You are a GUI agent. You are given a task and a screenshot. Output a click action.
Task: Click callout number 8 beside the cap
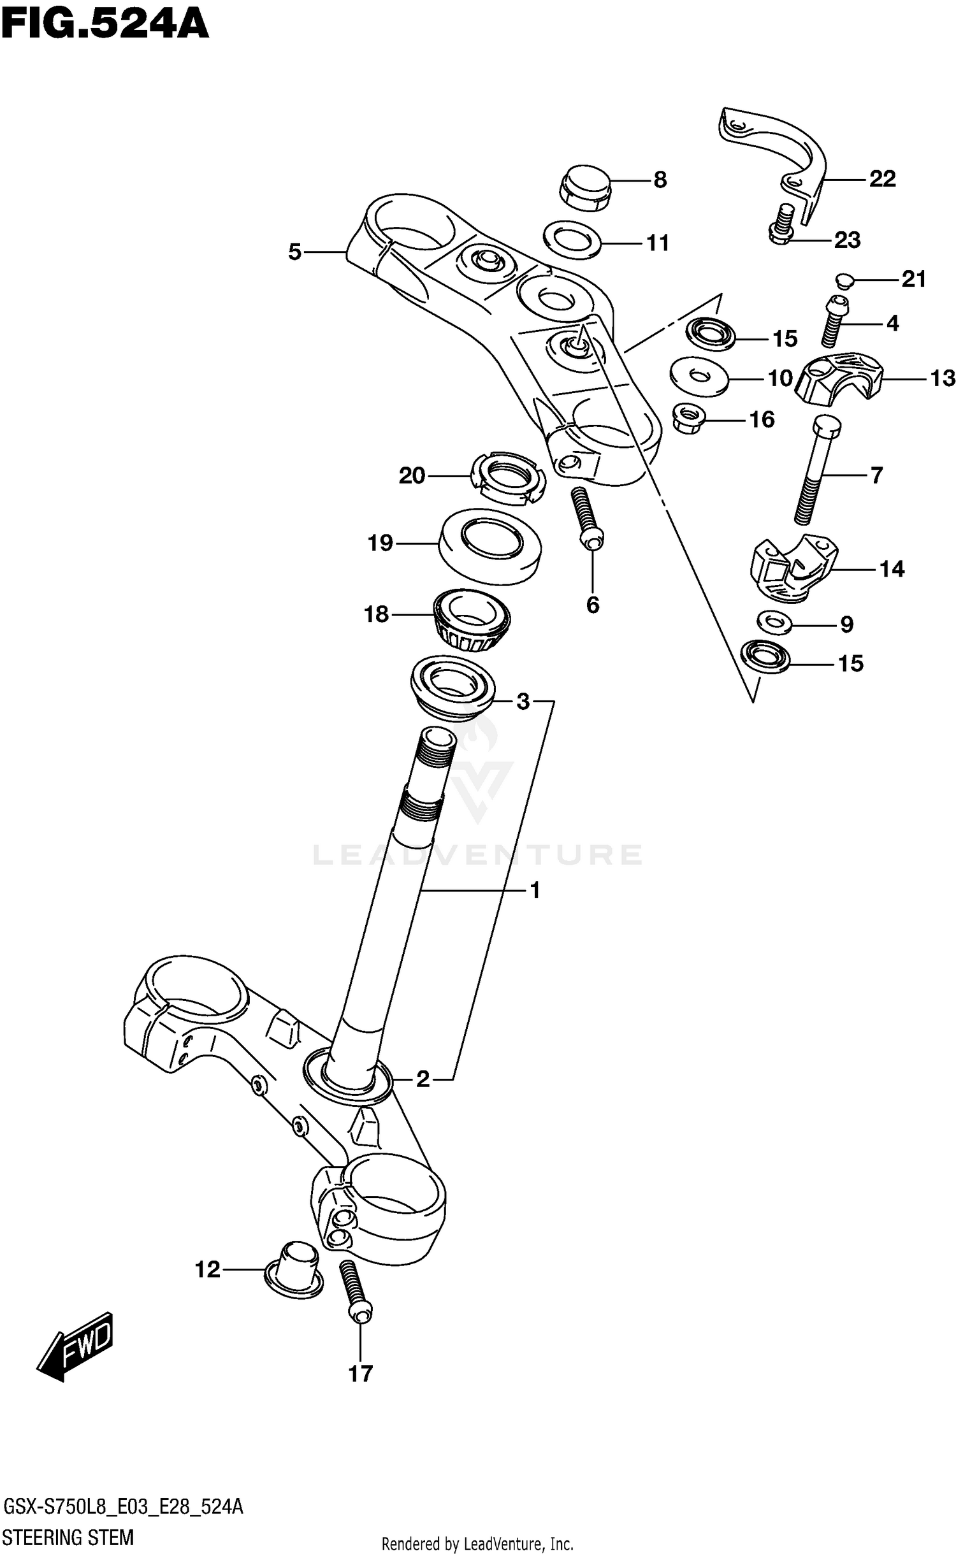point(660,180)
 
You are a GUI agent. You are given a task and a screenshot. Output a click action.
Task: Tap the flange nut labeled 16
point(690,419)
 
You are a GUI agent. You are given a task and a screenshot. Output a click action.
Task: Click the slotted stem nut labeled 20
point(509,478)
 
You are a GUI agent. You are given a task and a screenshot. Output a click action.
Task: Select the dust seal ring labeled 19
point(491,545)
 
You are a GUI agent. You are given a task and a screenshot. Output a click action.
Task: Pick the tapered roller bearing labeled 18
point(471,620)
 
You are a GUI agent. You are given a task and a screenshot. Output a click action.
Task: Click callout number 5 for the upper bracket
point(294,252)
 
